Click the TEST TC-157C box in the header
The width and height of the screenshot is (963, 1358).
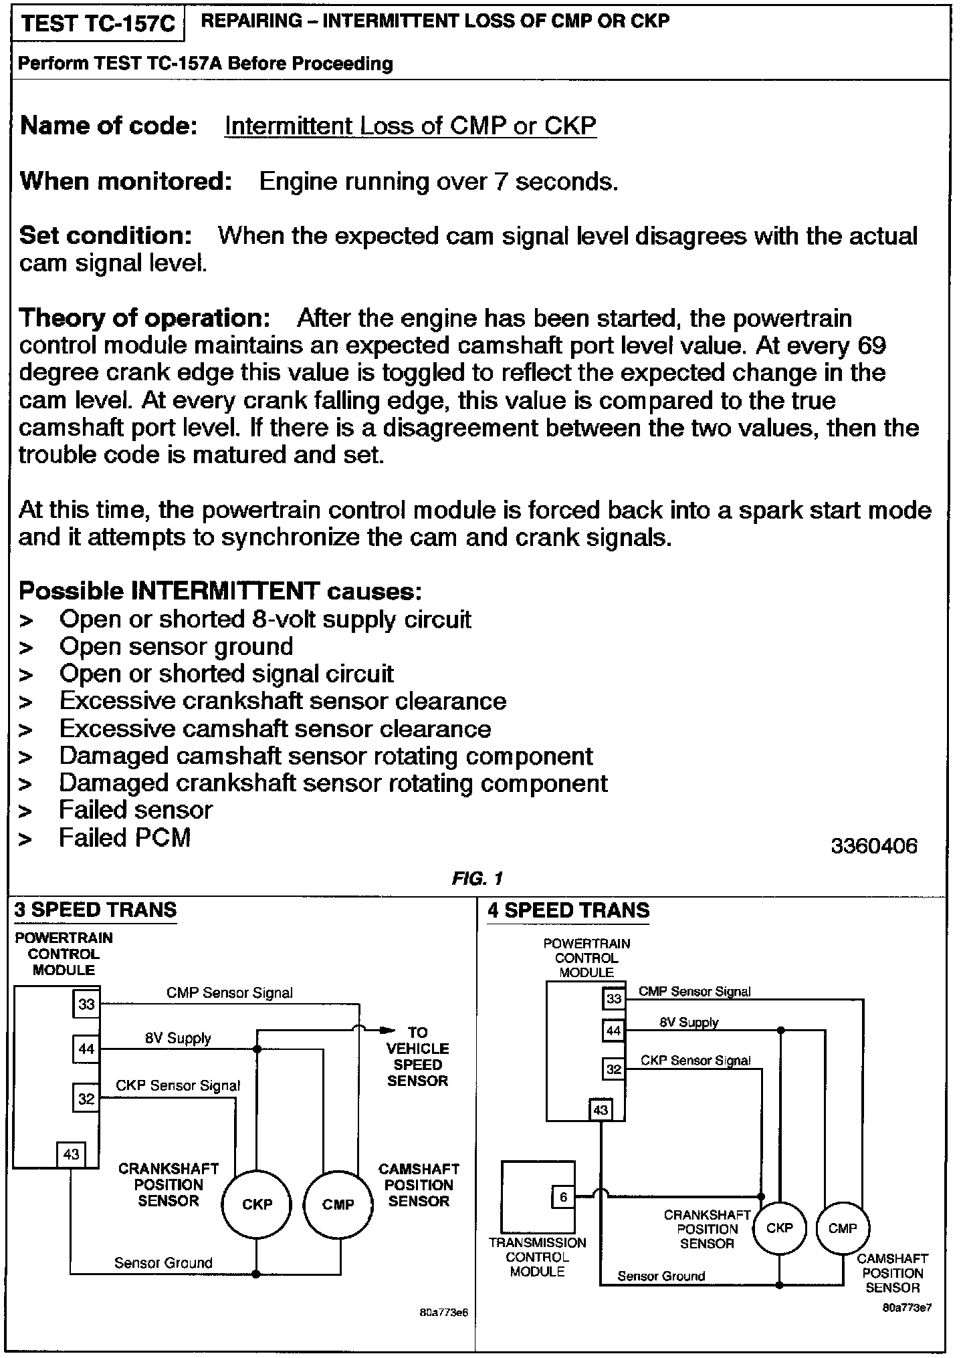tap(98, 24)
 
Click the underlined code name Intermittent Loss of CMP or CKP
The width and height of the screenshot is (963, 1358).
tap(410, 126)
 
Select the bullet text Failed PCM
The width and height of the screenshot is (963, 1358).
tap(125, 837)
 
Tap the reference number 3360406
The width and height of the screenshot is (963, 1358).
tap(874, 846)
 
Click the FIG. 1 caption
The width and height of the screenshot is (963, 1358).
tap(477, 878)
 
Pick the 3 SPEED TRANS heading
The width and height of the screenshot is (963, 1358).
tap(96, 910)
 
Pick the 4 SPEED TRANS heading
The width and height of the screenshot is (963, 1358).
tap(568, 910)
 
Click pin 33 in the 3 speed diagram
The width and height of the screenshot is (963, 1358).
tap(87, 1004)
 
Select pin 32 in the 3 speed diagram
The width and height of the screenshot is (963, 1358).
tap(87, 1099)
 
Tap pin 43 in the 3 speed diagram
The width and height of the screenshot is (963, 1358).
tap(71, 1153)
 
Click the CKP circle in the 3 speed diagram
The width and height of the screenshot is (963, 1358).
tap(257, 1204)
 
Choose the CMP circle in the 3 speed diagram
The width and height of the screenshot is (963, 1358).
tap(338, 1204)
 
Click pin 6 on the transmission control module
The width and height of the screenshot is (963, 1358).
tap(563, 1197)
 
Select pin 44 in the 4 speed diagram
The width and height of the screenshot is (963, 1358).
tap(613, 1031)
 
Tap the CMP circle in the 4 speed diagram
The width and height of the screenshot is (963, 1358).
tap(842, 1228)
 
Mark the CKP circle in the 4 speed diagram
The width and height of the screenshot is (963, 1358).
tap(780, 1228)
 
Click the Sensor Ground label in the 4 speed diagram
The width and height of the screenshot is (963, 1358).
tap(661, 1276)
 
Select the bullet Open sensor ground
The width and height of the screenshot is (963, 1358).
tap(176, 647)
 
